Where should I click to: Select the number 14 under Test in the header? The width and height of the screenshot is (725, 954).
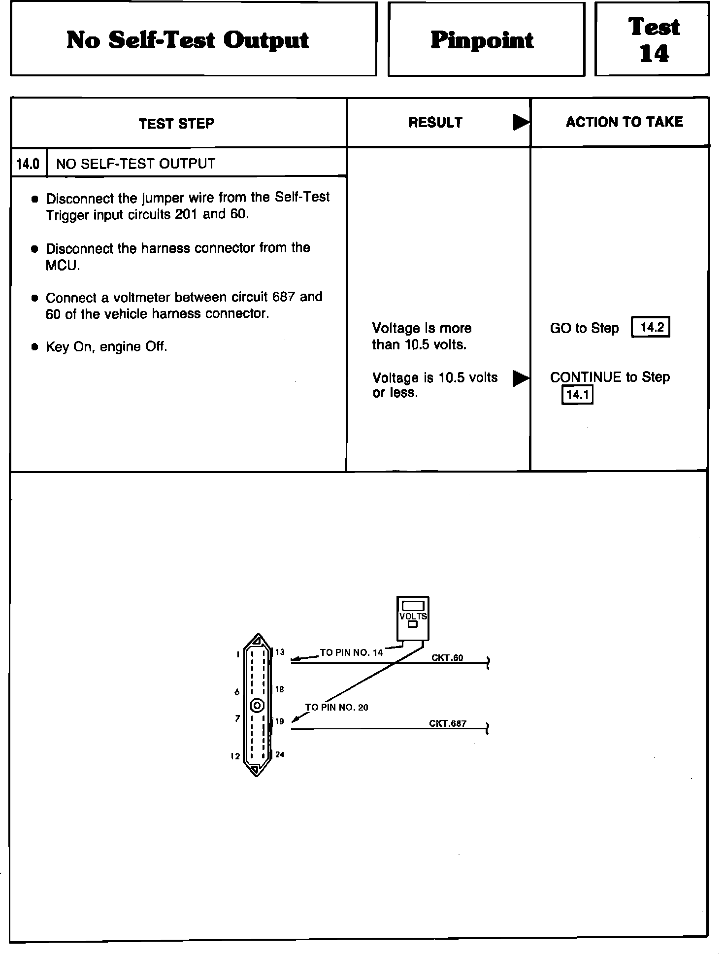(654, 54)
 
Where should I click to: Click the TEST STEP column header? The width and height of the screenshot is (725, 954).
(176, 123)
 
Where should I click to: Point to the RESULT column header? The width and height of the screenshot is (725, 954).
(435, 123)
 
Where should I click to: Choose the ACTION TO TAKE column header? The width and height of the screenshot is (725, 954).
(624, 122)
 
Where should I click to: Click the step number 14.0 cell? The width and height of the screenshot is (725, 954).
(28, 164)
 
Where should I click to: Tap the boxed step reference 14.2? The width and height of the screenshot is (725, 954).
(651, 327)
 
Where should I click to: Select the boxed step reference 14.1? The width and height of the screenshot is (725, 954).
(577, 395)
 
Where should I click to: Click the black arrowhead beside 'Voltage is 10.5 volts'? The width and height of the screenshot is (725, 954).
(520, 378)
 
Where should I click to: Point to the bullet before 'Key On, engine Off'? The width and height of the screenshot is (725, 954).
(34, 347)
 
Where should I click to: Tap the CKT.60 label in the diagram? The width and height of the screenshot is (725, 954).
(447, 658)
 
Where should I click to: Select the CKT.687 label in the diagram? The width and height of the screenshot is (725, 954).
(447, 723)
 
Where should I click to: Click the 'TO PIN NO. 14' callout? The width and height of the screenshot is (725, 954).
(351, 653)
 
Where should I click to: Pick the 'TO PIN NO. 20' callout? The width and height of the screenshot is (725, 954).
(337, 708)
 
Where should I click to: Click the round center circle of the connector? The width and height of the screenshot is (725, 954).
(258, 706)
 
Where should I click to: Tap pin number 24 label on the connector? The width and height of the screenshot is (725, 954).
(280, 754)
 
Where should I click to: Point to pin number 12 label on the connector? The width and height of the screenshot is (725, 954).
(235, 756)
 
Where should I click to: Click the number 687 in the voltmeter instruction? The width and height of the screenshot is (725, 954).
(283, 297)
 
